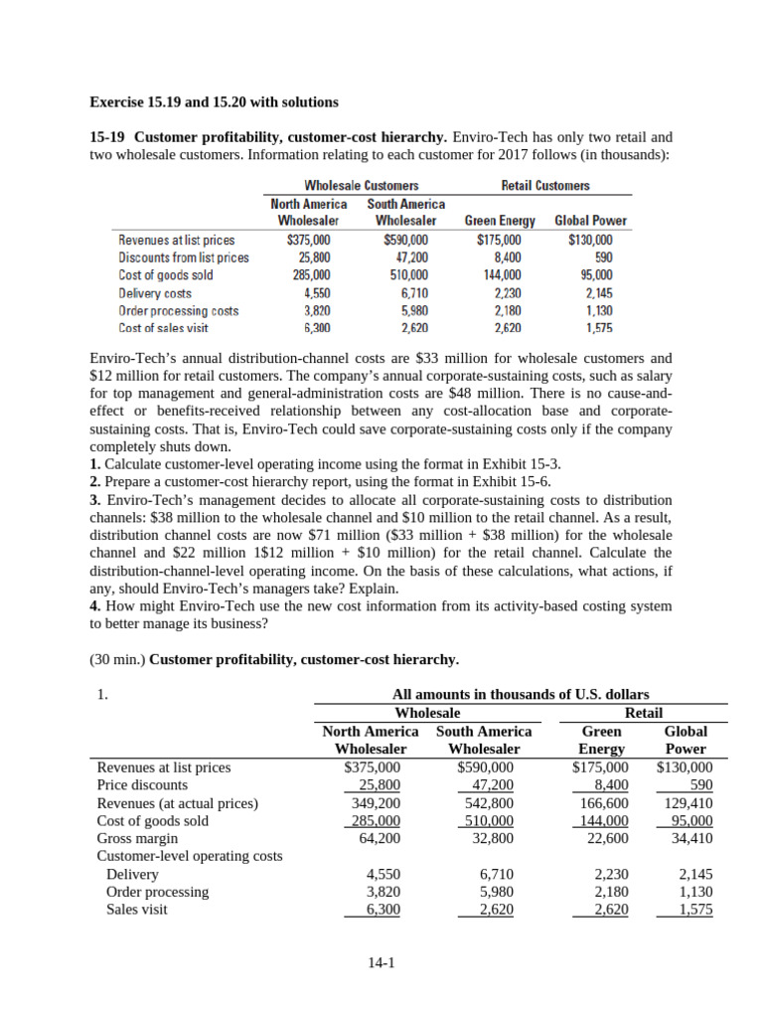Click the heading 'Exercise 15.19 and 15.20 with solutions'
[214, 101]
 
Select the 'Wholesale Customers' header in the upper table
[361, 186]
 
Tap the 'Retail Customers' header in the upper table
[545, 186]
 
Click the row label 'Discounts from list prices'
[184, 257]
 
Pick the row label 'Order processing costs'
[178, 310]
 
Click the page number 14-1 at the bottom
[381, 961]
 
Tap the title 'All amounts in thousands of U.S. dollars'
[522, 695]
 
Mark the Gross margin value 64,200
[381, 838]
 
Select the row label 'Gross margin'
[137, 838]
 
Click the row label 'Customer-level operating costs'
[189, 856]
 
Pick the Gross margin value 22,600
[607, 838]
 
